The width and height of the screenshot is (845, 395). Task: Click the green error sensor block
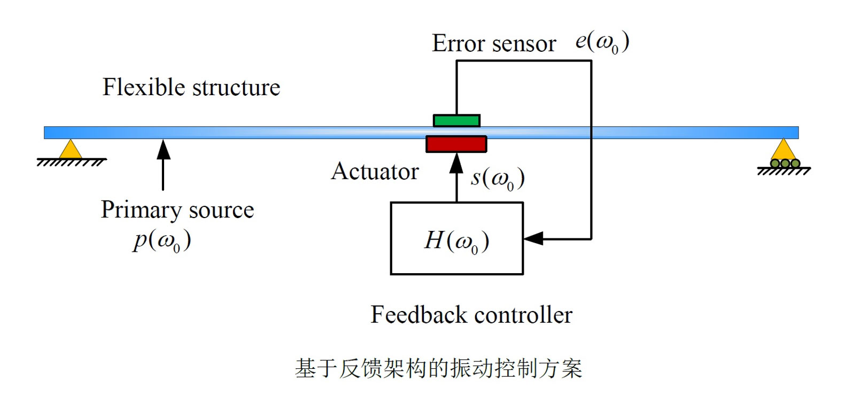[x=456, y=121]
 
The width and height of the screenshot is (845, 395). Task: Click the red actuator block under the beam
[x=456, y=144]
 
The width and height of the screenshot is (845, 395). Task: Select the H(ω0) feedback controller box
[x=456, y=238]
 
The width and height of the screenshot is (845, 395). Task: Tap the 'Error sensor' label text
[x=493, y=44]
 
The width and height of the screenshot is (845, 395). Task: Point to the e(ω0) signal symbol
[x=602, y=42]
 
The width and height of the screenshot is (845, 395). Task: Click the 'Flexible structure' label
[x=191, y=88]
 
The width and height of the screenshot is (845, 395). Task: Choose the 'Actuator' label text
[x=375, y=172]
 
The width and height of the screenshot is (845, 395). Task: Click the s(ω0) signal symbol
[x=497, y=179]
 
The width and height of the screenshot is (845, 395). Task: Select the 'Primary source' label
[x=177, y=210]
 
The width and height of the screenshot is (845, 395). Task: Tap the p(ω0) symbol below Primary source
[x=162, y=241]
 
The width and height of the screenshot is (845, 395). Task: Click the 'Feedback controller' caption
[x=471, y=315]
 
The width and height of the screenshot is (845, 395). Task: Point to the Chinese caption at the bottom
[x=438, y=368]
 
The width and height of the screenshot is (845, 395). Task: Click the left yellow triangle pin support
[x=70, y=150]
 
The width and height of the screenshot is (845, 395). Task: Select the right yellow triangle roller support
[x=784, y=150]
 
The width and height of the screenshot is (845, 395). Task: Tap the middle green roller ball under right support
[x=785, y=164]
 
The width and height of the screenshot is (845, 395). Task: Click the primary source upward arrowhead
[x=164, y=149]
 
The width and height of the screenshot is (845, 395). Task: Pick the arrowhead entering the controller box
[x=533, y=238]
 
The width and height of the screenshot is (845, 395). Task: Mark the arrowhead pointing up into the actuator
[x=456, y=163]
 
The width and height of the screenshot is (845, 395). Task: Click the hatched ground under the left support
[x=71, y=162]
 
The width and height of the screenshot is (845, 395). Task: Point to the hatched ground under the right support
[x=784, y=172]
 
